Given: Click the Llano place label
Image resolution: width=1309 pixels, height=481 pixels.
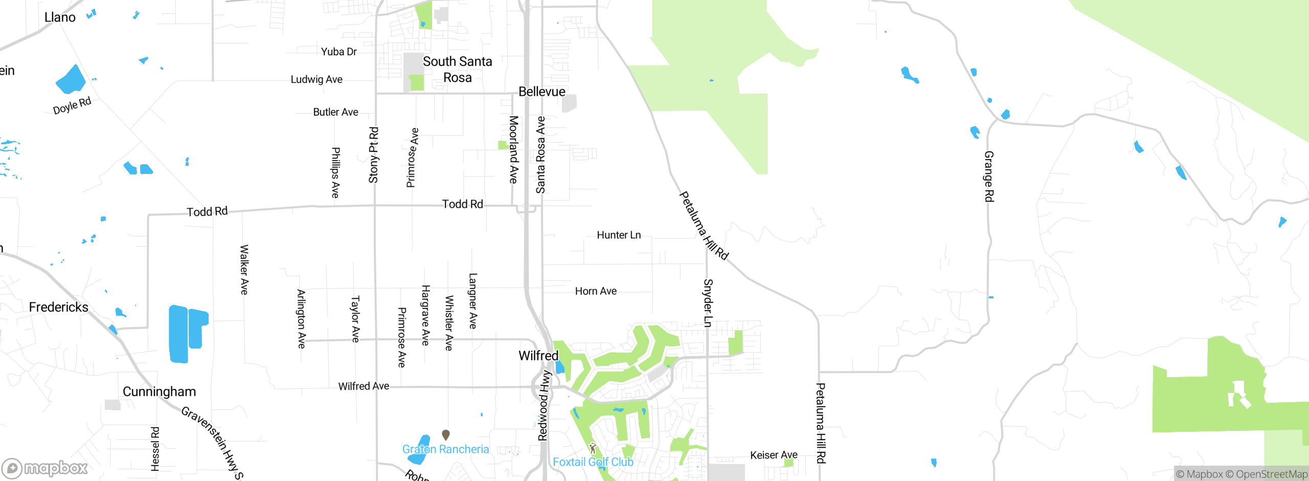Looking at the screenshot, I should [60, 17].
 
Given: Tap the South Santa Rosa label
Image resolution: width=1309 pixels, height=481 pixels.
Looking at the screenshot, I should [457, 70].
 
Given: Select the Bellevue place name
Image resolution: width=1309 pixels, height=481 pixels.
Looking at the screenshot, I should [541, 92].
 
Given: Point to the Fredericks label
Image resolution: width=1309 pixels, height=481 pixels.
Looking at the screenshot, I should [59, 307].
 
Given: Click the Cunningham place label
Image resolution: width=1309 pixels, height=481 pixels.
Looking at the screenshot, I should [159, 391].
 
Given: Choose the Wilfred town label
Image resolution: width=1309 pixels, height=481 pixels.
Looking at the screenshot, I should [538, 356].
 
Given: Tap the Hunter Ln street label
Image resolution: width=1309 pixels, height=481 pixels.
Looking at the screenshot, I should [619, 235].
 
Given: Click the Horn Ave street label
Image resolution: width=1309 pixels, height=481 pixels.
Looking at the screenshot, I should [596, 291].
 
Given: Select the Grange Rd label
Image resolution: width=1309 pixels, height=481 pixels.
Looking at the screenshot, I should [989, 177].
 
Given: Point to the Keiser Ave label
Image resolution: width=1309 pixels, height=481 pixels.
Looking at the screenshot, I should [774, 455].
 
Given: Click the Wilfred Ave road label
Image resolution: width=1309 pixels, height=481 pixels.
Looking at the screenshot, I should [364, 386].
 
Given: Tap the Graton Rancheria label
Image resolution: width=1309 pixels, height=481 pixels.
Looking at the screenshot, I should [445, 449].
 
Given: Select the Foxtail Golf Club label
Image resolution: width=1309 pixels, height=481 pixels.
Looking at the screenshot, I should [593, 462].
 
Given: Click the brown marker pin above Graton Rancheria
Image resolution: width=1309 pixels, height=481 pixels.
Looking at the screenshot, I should [446, 434].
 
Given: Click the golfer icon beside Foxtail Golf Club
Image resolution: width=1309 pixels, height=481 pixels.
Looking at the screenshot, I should [593, 448].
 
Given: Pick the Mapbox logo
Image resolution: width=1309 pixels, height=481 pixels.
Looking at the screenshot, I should [45, 468].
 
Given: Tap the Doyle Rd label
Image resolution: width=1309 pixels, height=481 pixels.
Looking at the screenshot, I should [72, 105].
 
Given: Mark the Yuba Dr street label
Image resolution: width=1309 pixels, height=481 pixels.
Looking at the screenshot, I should [338, 52].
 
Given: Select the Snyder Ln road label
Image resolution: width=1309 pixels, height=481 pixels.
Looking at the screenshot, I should [708, 303].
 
